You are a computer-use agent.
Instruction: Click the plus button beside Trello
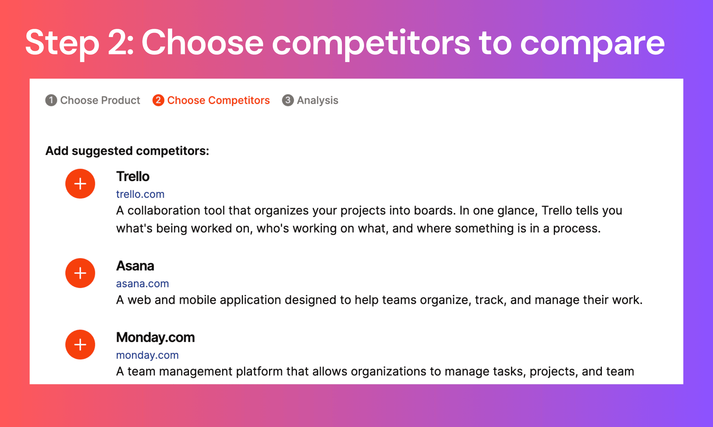pos(80,183)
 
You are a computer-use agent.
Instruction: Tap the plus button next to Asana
pos(80,273)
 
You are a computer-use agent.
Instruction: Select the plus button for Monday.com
pos(80,344)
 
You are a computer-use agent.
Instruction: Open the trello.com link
pos(140,194)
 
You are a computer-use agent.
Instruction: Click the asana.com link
pos(142,284)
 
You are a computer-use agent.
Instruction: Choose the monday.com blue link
pos(147,355)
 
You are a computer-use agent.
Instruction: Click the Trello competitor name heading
pos(133,176)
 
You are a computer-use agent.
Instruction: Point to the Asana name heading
pos(135,266)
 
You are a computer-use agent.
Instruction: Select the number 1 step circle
pos(51,100)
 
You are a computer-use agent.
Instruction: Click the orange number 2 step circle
pos(158,100)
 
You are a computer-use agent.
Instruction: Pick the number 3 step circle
pos(288,100)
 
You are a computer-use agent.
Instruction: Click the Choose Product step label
pos(100,100)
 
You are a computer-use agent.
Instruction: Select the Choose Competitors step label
pos(218,100)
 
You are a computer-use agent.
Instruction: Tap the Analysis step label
pos(318,100)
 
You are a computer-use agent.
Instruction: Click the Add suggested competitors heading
pos(127,151)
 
